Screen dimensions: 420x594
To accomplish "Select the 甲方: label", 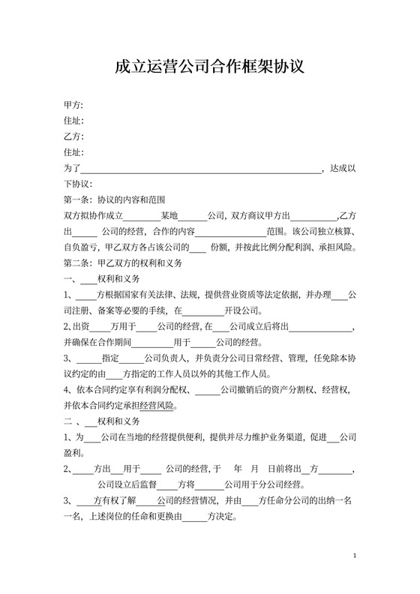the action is pyautogui.click(x=73, y=104).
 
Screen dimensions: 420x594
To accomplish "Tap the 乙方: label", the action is pyautogui.click(x=73, y=136).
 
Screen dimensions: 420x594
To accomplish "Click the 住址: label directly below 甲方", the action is pyautogui.click(x=73, y=121).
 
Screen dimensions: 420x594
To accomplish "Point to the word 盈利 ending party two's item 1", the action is pyautogui.click(x=73, y=453).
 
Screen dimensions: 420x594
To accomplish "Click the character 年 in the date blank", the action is pyautogui.click(x=238, y=469).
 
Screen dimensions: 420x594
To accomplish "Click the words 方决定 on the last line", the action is pyautogui.click(x=222, y=516).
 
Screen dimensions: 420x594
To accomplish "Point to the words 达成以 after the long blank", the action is pyautogui.click(x=343, y=169).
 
